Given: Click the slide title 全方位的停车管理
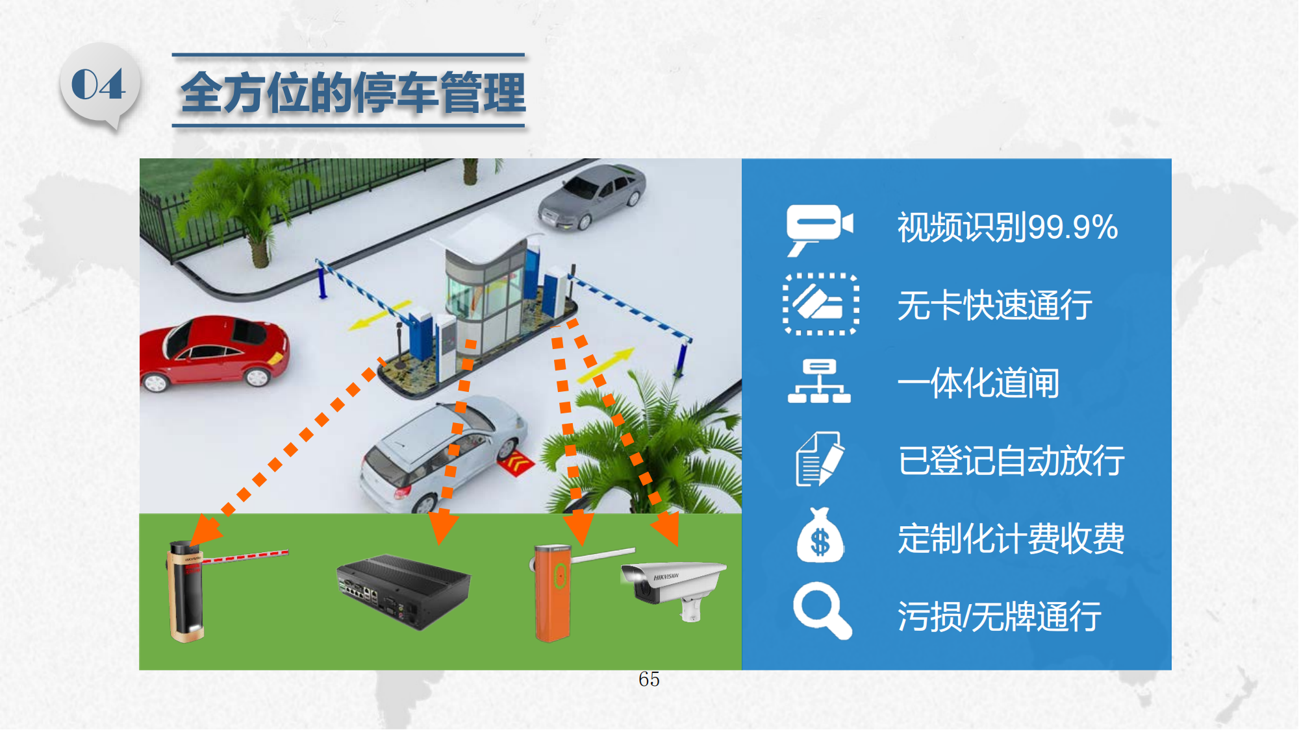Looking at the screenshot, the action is click(353, 92).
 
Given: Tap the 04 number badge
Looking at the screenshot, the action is click(99, 85).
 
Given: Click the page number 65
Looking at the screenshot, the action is click(649, 679).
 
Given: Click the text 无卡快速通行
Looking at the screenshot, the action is click(994, 305).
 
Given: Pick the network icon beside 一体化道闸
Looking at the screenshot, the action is click(819, 382).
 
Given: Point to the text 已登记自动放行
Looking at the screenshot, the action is click(1011, 460).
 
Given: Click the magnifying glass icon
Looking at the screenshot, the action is click(822, 611).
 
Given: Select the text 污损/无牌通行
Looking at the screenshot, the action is click(999, 616).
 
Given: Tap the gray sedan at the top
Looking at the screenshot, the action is click(592, 196).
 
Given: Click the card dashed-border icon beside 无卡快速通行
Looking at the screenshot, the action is click(821, 304).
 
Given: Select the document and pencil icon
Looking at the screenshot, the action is click(820, 459).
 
